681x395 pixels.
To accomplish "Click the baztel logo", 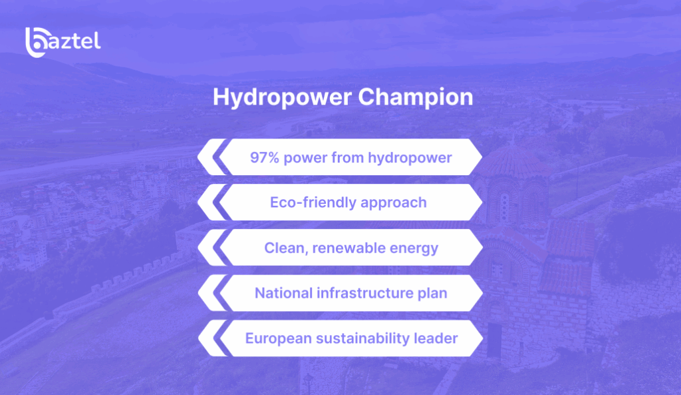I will (x=63, y=42).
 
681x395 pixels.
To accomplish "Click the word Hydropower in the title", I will (x=282, y=97).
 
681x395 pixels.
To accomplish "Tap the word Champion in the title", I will (x=415, y=97).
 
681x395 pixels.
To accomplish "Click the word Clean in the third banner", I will (x=283, y=248).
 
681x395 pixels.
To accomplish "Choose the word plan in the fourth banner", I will (x=433, y=294).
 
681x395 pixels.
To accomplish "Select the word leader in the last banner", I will (x=438, y=338).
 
